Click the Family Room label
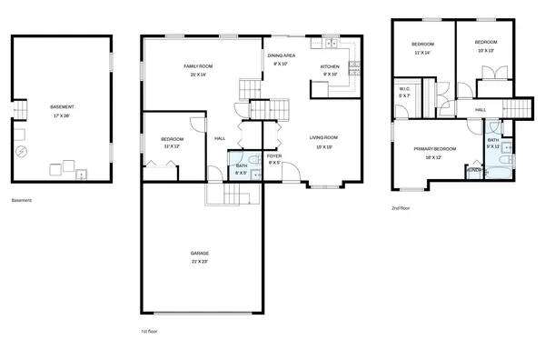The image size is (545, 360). click(x=199, y=66)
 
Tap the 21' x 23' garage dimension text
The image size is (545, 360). click(x=200, y=262)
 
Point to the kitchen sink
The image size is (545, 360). click(x=332, y=43)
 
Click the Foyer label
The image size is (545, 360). click(x=273, y=156)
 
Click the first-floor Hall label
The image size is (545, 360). click(x=220, y=138)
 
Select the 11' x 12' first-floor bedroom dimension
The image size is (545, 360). click(x=173, y=146)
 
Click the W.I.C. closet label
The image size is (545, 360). click(x=405, y=88)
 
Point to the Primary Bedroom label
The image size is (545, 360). click(x=434, y=148)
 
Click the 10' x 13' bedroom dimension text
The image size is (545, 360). click(x=486, y=51)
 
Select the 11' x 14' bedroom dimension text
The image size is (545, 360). click(x=421, y=53)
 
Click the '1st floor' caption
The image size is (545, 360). click(x=149, y=331)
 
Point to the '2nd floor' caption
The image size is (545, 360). click(x=401, y=208)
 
